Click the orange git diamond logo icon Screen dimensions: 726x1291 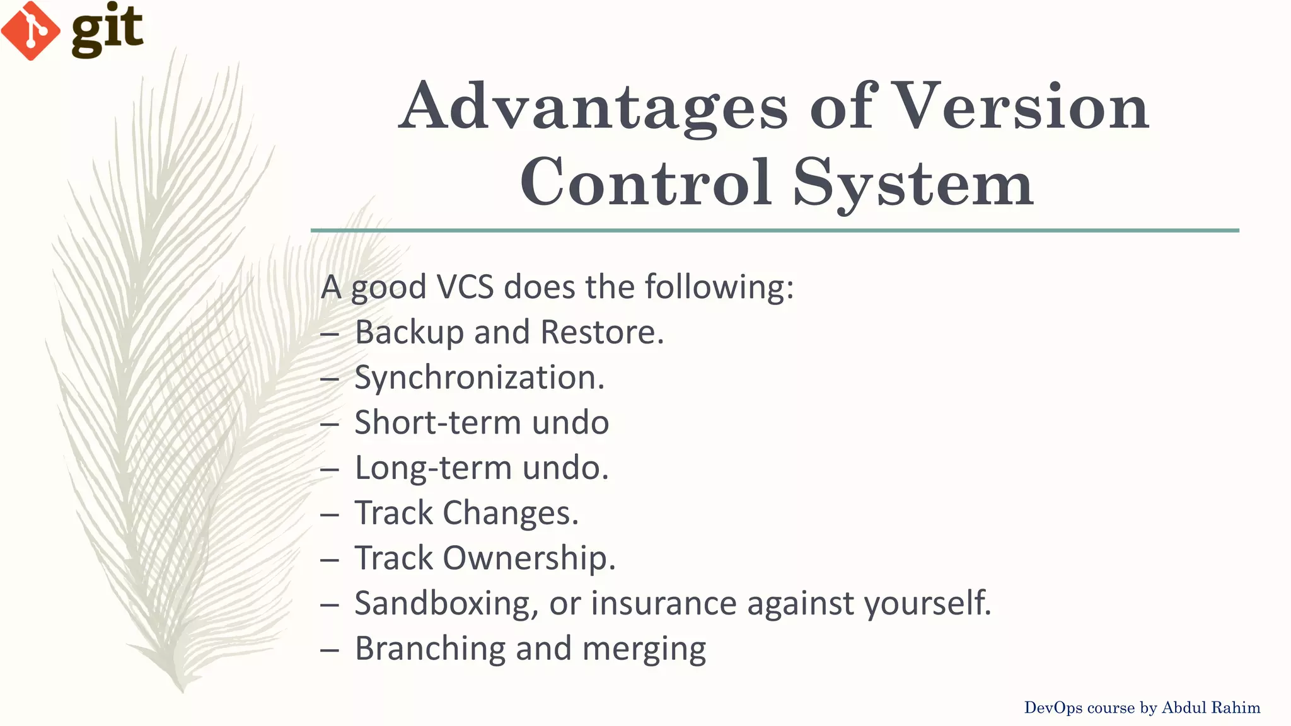[30, 31]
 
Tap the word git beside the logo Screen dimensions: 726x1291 [107, 30]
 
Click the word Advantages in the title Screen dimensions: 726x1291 [593, 107]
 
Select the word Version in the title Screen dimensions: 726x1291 [1021, 107]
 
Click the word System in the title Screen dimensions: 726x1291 [913, 183]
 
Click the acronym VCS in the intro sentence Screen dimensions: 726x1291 [465, 287]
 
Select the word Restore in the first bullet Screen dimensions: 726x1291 [601, 332]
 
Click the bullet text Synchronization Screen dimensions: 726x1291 [479, 377]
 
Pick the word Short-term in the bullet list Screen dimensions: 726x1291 [437, 422]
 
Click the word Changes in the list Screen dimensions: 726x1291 [510, 513]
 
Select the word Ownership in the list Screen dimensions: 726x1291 [528, 558]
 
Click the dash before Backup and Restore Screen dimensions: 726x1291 [330, 335]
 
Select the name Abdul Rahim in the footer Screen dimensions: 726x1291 [1210, 708]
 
